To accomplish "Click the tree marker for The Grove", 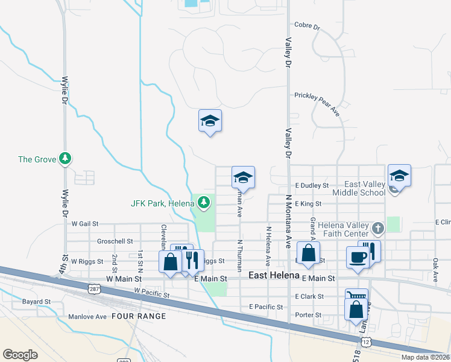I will pyautogui.click(x=65, y=159).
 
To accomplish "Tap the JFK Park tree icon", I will pyautogui.click(x=205, y=202).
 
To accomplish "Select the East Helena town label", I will pyautogui.click(x=274, y=275).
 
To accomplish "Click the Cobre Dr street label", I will pyautogui.click(x=307, y=26).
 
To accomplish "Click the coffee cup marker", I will pyautogui.click(x=358, y=257).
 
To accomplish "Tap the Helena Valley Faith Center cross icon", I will pyautogui.click(x=377, y=228).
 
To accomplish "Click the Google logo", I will pyautogui.click(x=20, y=355).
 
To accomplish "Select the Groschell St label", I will pyautogui.click(x=115, y=241).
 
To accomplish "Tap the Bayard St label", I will pyautogui.click(x=36, y=301).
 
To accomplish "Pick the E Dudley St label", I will pyautogui.click(x=312, y=186).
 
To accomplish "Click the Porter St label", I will pyautogui.click(x=308, y=315).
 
